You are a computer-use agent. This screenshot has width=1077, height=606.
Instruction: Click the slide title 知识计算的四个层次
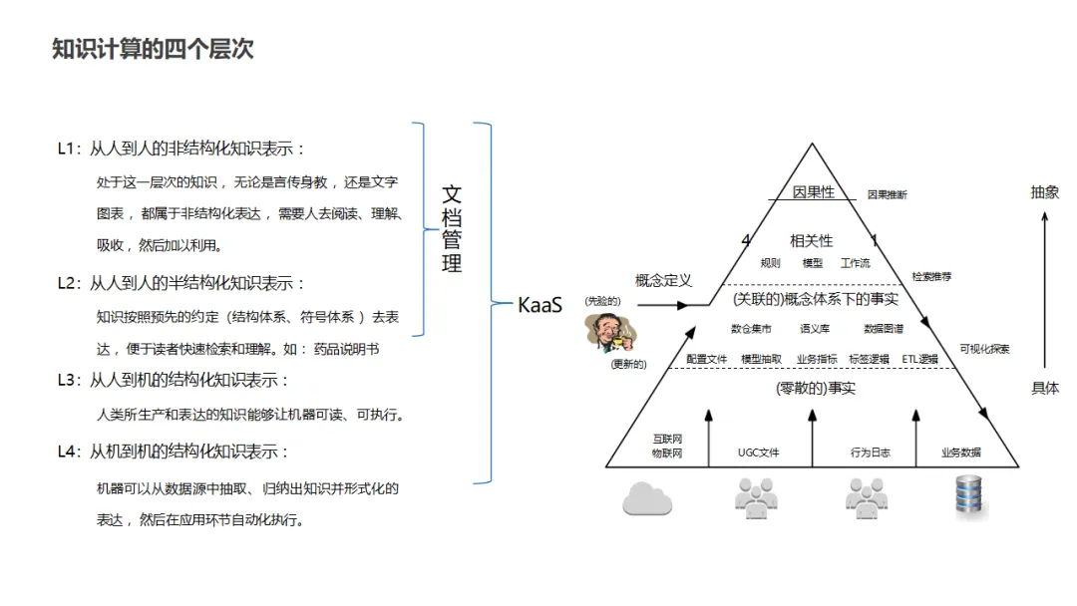coord(153,49)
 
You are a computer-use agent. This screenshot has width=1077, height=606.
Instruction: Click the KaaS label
coord(539,305)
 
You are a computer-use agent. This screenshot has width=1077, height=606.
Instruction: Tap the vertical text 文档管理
coord(452,228)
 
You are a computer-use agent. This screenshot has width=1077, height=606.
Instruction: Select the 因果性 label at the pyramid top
coord(813,192)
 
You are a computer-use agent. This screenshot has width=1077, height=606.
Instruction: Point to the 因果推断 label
coord(887,195)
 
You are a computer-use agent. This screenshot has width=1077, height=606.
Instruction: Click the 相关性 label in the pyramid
coord(811,241)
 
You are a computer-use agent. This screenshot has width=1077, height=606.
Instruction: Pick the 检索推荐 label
coord(931,276)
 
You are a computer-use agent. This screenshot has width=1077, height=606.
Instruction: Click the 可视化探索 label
coord(984,349)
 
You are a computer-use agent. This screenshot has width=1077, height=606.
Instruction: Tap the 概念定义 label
coord(663,281)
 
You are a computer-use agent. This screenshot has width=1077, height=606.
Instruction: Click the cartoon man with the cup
coord(604,332)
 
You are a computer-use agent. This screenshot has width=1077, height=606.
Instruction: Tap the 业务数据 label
coord(960,453)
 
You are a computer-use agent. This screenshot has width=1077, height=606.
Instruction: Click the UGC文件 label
coord(758,453)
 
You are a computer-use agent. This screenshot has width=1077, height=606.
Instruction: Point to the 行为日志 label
coord(870,453)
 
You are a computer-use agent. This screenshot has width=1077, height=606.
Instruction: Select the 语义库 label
coord(814,328)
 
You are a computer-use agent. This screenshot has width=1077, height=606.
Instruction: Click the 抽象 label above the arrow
coord(1044,192)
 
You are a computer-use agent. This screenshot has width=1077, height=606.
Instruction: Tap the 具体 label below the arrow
coord(1044,388)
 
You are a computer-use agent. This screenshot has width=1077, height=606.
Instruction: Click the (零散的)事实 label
coord(815,388)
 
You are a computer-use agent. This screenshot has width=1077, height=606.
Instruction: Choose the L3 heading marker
coord(67,380)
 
